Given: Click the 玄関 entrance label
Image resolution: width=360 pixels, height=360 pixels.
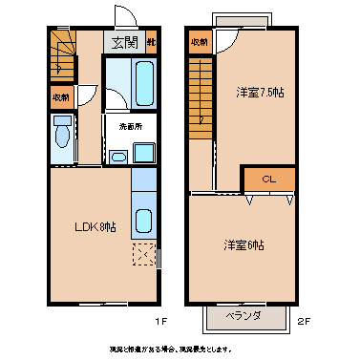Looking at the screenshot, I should pos(124,42).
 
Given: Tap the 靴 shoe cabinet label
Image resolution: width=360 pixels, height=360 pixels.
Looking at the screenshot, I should pos(151,42).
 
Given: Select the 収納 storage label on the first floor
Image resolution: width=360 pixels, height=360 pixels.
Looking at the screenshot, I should pos(59,96).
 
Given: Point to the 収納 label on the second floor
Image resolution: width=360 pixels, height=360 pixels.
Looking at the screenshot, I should pos(199,42).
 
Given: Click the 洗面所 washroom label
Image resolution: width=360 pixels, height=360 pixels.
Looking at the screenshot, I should pos(130,125).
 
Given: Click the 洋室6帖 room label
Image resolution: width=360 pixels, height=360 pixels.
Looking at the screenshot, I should pos(244,244).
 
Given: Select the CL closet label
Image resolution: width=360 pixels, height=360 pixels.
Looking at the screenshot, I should pos(268,179).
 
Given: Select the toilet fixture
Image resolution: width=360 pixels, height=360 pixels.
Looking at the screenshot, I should pos(62,134).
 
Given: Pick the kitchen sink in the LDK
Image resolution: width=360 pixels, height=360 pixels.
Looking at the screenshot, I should pos(143,221).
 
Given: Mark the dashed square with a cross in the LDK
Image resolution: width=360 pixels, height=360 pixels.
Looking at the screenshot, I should pos(143,253).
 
